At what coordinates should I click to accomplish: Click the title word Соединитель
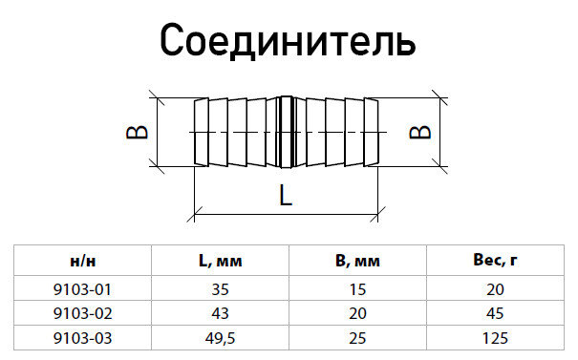(x=288, y=41)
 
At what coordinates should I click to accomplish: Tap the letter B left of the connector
(x=138, y=131)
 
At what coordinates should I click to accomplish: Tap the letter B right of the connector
(x=417, y=131)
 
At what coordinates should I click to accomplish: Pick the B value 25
(x=358, y=337)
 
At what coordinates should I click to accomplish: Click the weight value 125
(x=495, y=337)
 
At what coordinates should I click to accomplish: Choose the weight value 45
(x=495, y=312)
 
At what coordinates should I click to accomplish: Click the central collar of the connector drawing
(x=286, y=131)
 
